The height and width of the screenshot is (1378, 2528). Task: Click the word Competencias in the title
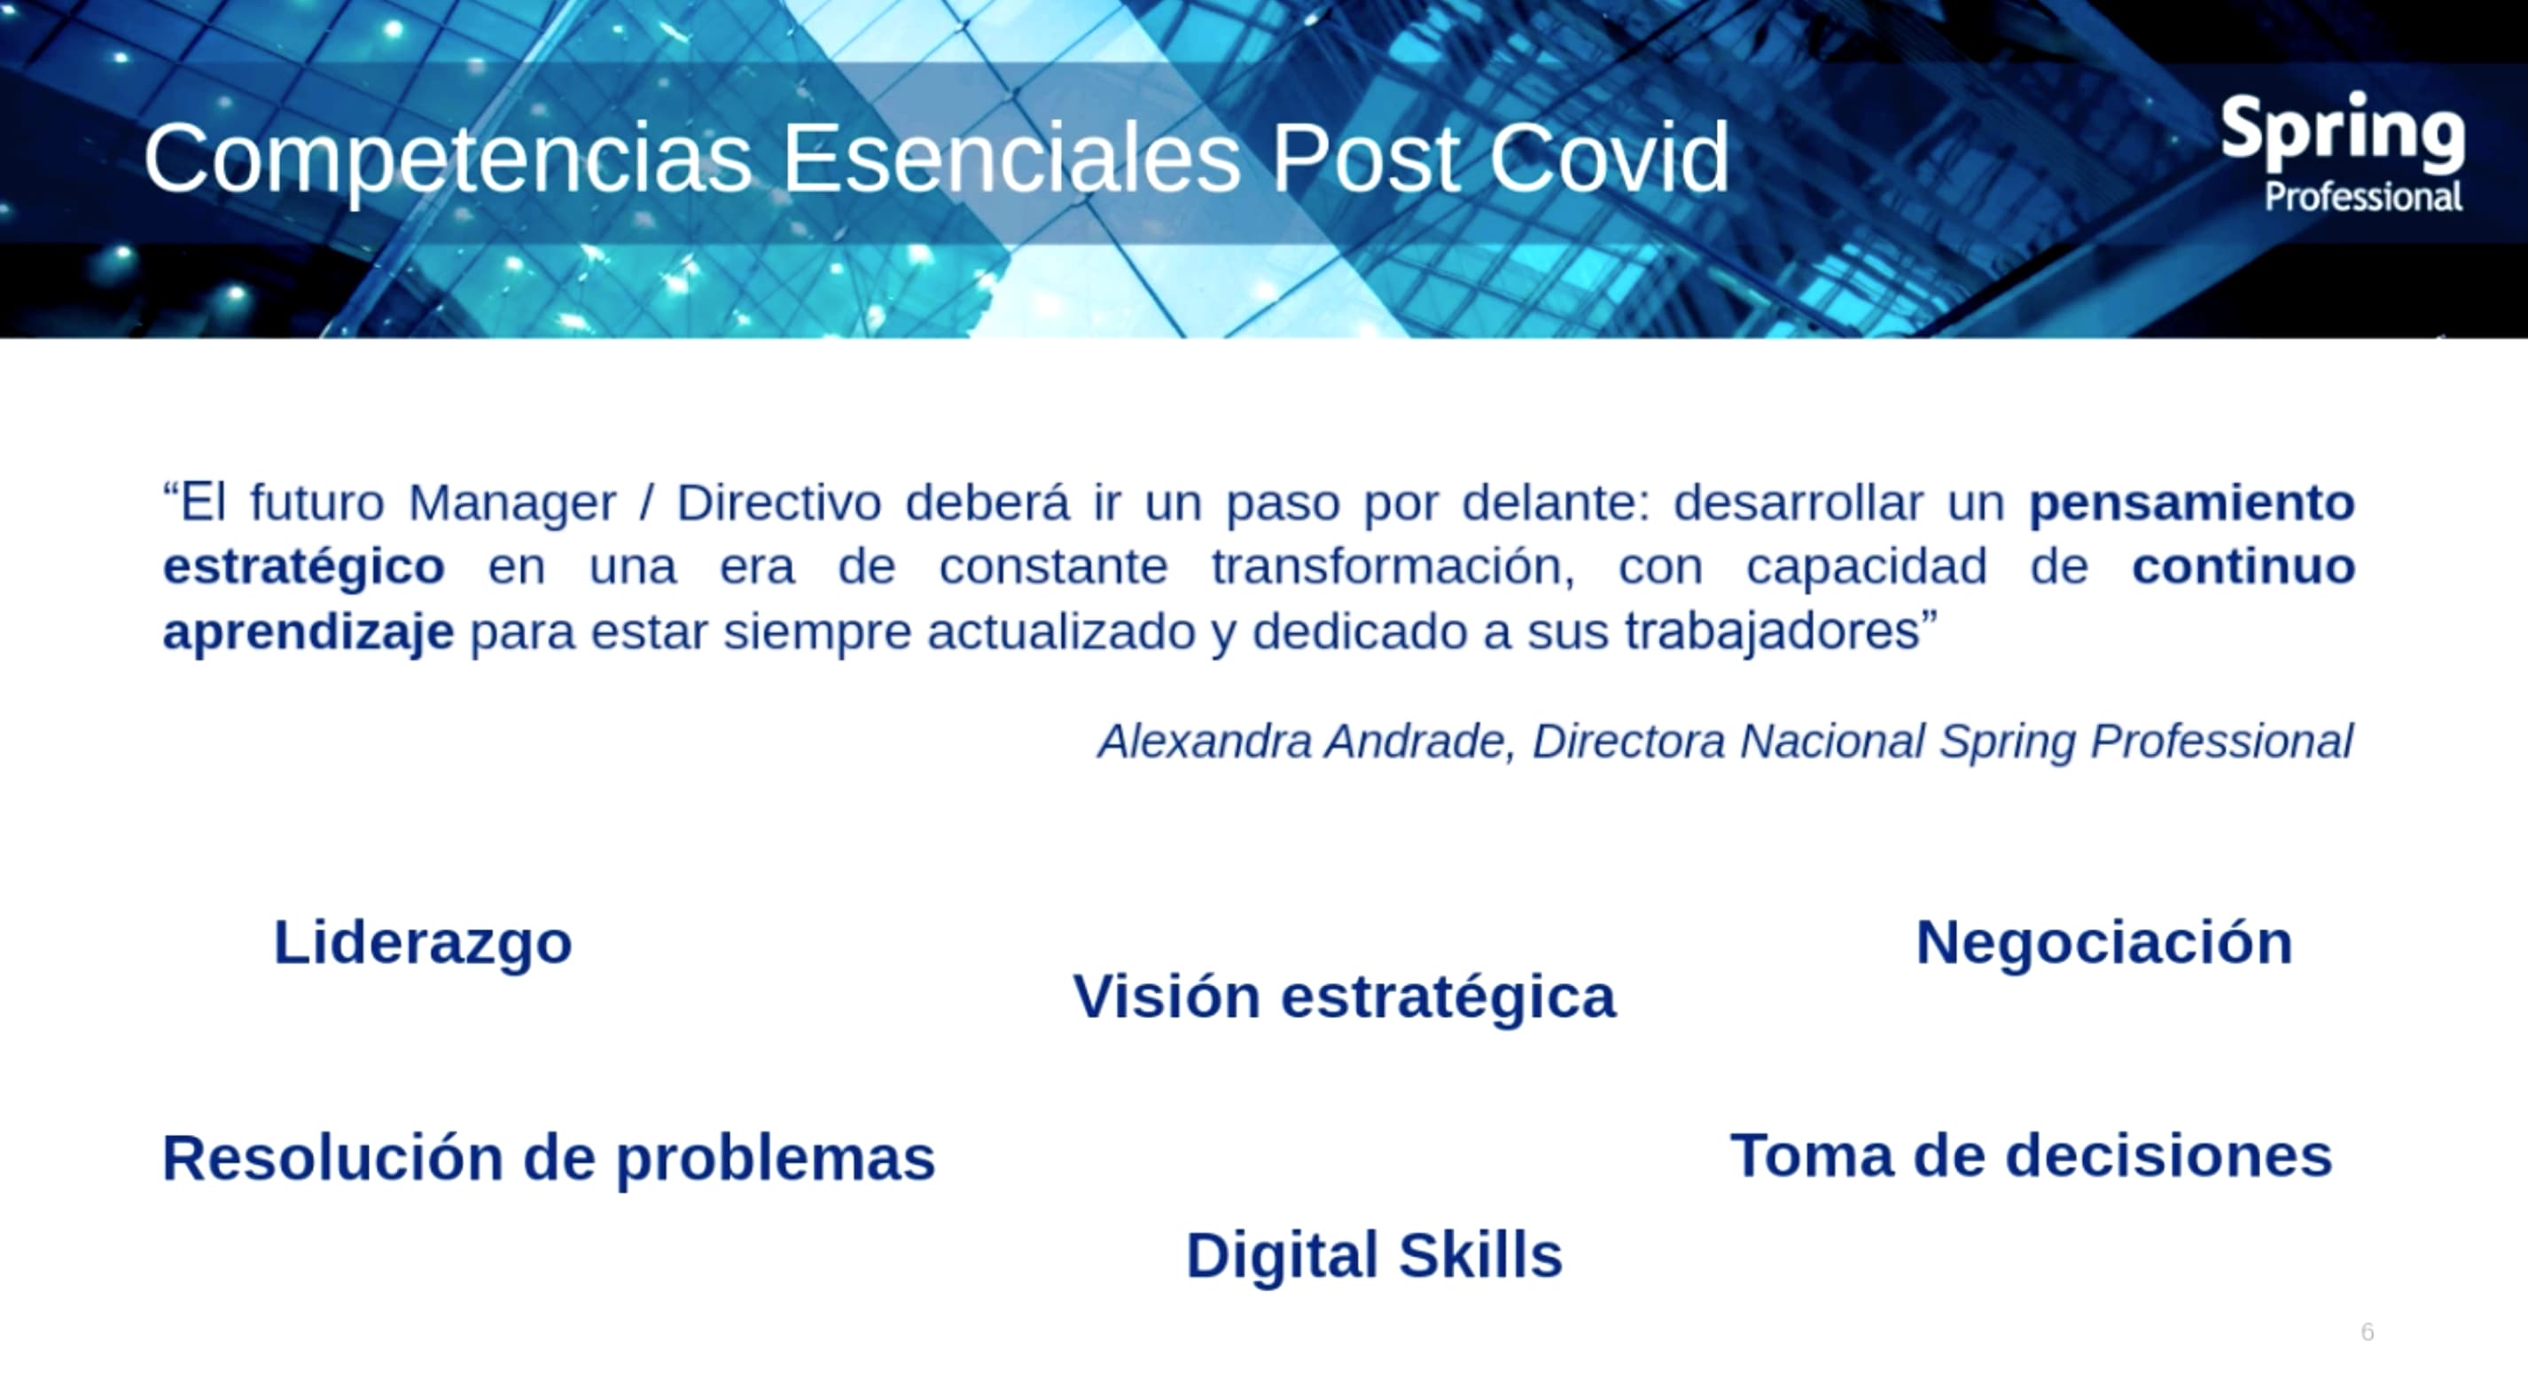pyautogui.click(x=448, y=159)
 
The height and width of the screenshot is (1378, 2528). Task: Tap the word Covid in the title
pyautogui.click(x=1609, y=159)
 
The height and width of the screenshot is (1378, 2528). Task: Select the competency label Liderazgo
pyautogui.click(x=422, y=943)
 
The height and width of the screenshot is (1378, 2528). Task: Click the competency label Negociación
pyautogui.click(x=2103, y=943)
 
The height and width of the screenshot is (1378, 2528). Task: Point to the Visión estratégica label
pyautogui.click(x=1344, y=998)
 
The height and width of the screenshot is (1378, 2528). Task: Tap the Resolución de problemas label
pyautogui.click(x=548, y=1159)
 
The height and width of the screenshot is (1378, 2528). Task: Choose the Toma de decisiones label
pyautogui.click(x=2031, y=1156)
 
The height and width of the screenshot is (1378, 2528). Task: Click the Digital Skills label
pyautogui.click(x=1373, y=1257)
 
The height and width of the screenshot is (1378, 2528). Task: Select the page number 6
pyautogui.click(x=2366, y=1332)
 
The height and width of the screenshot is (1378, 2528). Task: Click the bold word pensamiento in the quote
pyautogui.click(x=2191, y=503)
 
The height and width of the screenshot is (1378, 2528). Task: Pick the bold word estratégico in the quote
pyautogui.click(x=303, y=568)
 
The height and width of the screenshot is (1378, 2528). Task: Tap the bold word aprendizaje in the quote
pyautogui.click(x=308, y=632)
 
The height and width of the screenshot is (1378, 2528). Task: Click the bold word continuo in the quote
pyautogui.click(x=2243, y=568)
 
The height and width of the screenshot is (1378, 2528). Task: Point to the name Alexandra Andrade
pyautogui.click(x=1300, y=741)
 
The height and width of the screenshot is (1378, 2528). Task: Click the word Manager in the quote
pyautogui.click(x=511, y=504)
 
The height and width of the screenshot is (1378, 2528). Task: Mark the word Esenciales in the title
pyautogui.click(x=1010, y=159)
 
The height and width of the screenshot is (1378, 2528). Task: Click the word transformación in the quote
pyautogui.click(x=1392, y=568)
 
